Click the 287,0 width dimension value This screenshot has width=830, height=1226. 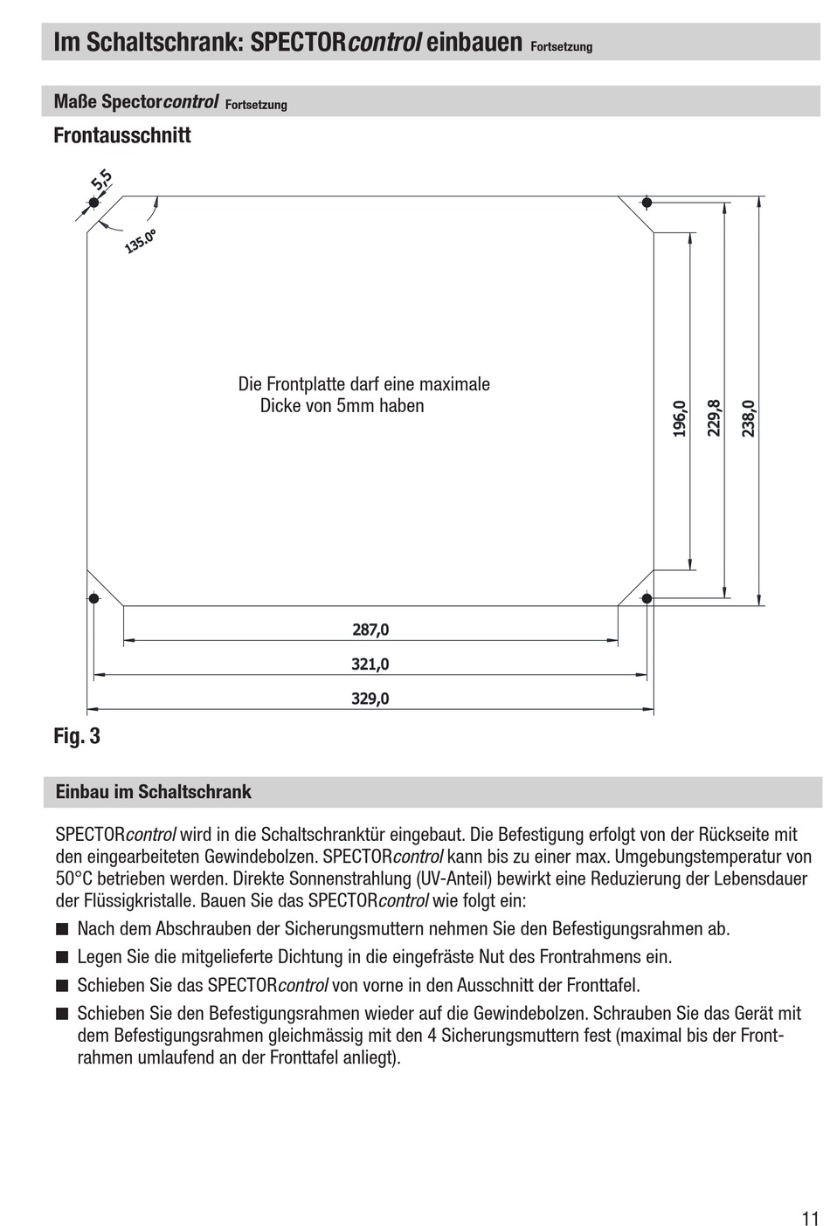370,629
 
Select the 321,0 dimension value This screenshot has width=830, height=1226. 370,664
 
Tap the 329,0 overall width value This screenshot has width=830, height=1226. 370,699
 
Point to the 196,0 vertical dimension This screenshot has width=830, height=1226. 680,418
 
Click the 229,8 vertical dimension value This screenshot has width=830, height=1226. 714,417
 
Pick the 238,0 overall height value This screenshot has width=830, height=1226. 749,418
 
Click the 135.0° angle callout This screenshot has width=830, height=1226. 140,240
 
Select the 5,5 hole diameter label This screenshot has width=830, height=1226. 101,181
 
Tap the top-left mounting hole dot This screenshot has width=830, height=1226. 93,203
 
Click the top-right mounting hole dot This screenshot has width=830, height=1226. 647,203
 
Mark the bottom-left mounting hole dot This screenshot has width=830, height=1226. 93,598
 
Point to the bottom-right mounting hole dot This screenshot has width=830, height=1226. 647,598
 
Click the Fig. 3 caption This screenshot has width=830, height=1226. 77,736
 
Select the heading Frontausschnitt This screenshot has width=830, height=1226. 122,135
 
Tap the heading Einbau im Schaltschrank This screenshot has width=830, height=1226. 153,792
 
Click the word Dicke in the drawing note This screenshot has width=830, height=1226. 280,406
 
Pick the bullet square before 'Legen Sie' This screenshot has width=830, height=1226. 61,957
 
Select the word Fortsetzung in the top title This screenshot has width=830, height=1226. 561,47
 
